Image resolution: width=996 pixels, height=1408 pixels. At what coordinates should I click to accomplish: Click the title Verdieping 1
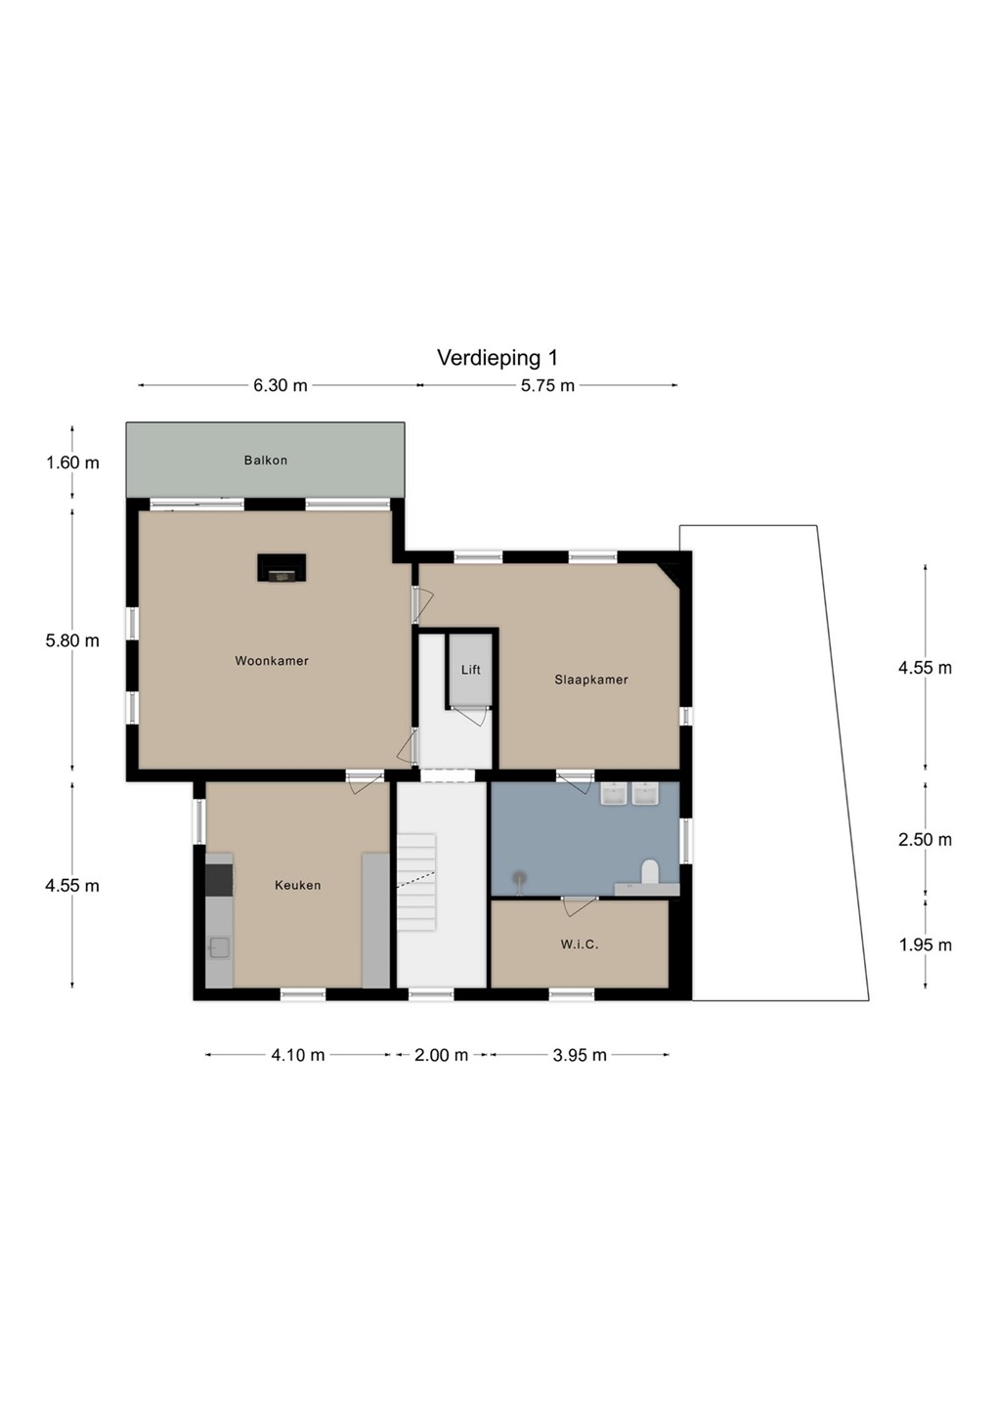(498, 358)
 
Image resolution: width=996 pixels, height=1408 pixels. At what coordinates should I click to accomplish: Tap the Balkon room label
(266, 461)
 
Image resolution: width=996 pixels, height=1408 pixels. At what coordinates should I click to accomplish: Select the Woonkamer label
(272, 661)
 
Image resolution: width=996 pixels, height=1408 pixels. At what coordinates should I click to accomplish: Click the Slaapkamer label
(591, 680)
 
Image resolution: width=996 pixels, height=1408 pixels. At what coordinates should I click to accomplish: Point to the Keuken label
(298, 885)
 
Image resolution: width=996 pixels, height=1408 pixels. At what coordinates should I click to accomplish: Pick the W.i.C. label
(580, 945)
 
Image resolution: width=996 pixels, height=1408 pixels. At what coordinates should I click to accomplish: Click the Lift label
(471, 670)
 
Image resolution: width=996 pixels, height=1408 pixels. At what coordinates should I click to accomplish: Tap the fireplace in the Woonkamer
(281, 567)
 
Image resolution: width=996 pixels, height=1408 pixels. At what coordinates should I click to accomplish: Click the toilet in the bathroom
(650, 873)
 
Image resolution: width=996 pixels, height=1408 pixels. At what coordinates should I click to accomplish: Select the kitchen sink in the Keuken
(219, 947)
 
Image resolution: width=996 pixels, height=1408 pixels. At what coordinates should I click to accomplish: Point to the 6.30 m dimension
(281, 385)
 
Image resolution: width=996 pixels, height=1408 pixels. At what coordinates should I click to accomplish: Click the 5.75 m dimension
(547, 385)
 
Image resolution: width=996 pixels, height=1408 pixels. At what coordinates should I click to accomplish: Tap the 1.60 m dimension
(72, 462)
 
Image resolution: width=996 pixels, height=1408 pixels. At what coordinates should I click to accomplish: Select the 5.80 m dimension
(72, 640)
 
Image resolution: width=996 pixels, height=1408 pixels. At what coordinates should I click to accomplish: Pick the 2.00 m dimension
(441, 1055)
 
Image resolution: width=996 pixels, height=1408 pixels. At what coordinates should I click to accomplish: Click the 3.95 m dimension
(580, 1055)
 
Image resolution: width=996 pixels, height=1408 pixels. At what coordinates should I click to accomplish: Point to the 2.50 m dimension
(925, 839)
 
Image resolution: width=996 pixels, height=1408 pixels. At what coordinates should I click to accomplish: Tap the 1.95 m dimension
(925, 945)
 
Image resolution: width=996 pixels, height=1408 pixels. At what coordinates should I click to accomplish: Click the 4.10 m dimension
(298, 1055)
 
